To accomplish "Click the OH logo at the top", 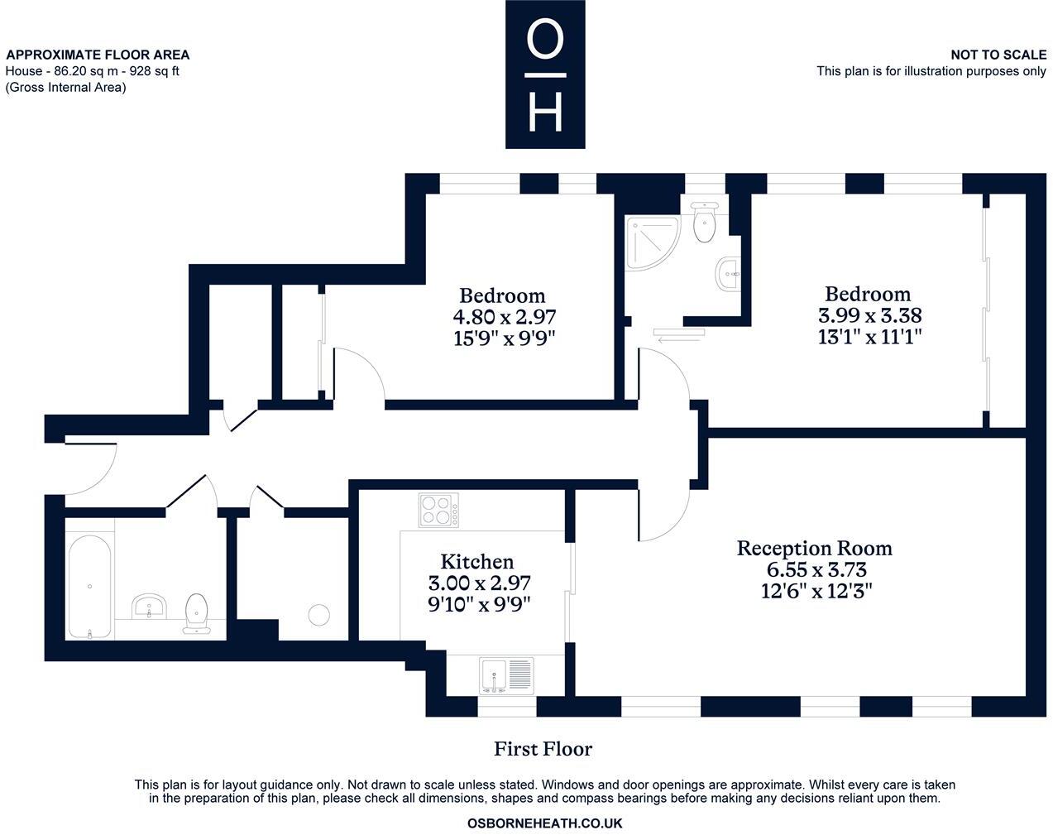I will click(545, 74).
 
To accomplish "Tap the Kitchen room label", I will click(476, 562).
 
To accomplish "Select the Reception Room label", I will click(814, 548).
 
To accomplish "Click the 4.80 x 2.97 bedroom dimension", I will click(504, 317).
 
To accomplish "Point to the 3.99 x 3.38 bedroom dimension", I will click(869, 315).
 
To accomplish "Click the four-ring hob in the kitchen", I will click(438, 510).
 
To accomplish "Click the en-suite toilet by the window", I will click(704, 221).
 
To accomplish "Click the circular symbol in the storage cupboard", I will click(318, 615).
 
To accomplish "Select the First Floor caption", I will click(543, 749).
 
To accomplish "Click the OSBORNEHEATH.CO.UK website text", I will click(544, 823).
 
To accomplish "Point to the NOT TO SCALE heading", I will click(998, 55).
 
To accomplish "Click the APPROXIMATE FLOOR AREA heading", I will click(98, 55).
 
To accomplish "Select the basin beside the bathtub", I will click(150, 606).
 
